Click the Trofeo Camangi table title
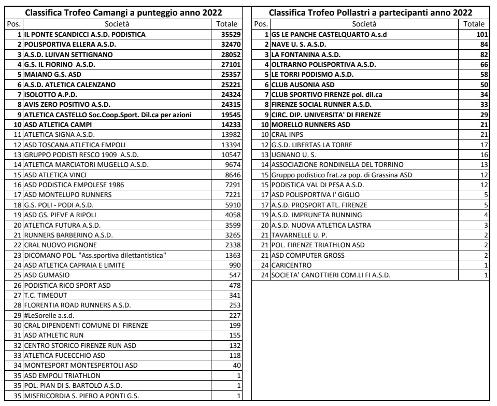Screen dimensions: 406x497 124,12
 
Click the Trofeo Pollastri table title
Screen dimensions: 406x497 370,12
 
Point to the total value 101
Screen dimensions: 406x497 476,35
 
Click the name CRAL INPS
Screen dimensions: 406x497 288,135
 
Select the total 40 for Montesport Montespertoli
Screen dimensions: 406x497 233,365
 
